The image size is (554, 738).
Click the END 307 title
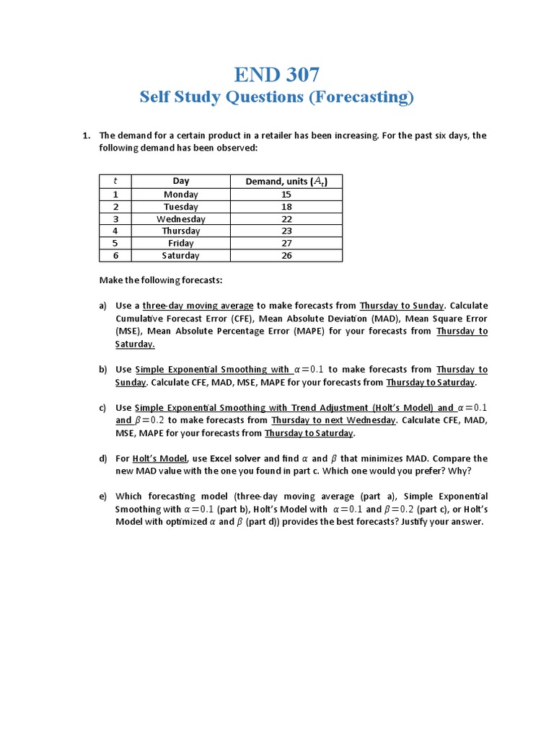coord(277,74)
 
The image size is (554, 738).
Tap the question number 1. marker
coord(85,135)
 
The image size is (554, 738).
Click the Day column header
coord(180,182)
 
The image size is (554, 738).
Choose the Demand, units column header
coord(286,182)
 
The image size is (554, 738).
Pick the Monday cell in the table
coord(180,195)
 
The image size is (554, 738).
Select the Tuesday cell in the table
coord(180,207)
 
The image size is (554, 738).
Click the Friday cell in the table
coord(180,244)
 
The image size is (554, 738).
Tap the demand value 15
coord(286,195)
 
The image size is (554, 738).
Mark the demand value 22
coord(286,219)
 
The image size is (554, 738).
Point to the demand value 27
coord(286,244)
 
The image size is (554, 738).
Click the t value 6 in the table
coord(115,256)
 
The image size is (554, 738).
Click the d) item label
coord(103,458)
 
